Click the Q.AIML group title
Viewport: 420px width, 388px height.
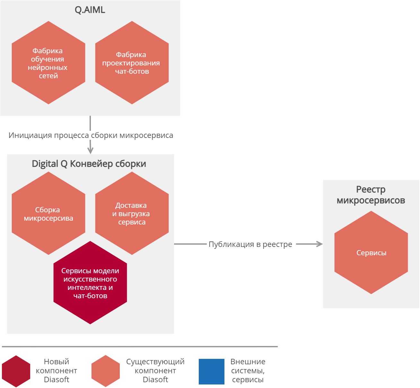tap(90, 10)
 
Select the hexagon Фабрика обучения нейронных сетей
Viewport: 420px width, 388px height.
tap(48, 63)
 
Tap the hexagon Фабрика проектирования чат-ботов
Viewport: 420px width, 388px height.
tap(132, 63)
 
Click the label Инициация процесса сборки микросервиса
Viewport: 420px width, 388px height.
tap(91, 135)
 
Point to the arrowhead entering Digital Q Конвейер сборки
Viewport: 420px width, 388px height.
tap(90, 151)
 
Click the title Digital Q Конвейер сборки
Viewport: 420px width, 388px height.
tap(89, 164)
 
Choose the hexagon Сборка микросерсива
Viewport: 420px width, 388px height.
tap(48, 214)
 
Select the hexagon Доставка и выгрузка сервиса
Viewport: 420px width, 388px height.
tap(132, 214)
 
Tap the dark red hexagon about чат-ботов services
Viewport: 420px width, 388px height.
tap(90, 283)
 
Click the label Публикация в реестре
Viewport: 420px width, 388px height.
tap(250, 244)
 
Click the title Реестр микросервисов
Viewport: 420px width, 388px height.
tap(371, 195)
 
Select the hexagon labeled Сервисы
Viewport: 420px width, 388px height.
tap(371, 253)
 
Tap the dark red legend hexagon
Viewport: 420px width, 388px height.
tap(16, 371)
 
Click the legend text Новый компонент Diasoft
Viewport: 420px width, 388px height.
tap(57, 371)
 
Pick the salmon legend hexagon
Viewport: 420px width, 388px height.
tap(106, 371)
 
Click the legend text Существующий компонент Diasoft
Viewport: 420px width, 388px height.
tap(155, 371)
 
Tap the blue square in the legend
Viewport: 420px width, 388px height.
tap(212, 372)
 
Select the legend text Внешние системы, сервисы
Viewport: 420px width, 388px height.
tap(248, 371)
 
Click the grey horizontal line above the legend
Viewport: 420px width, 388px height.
tap(140, 347)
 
